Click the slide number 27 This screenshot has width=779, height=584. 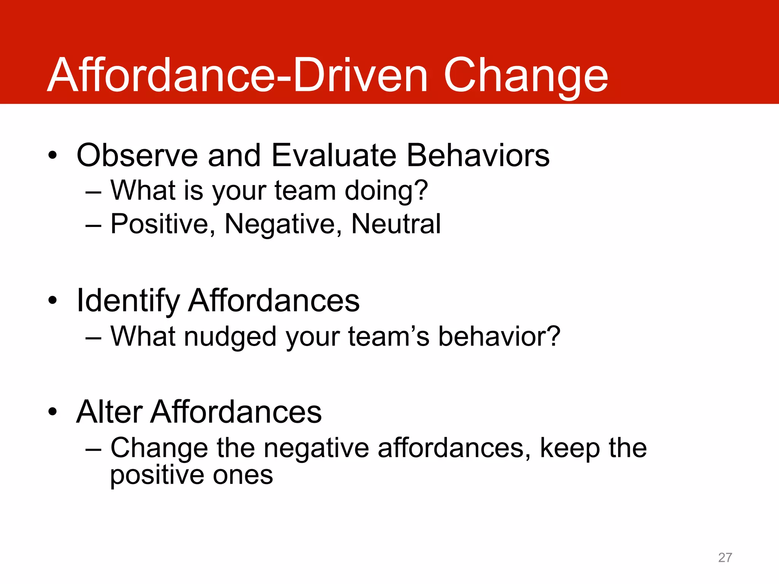click(x=725, y=557)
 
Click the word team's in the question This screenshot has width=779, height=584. click(x=388, y=337)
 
